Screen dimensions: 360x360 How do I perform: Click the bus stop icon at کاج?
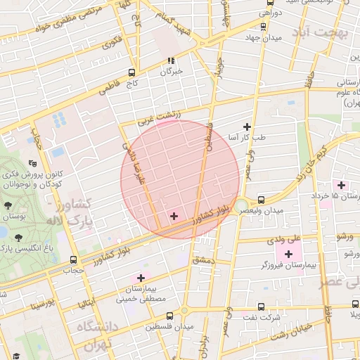click(131, 72)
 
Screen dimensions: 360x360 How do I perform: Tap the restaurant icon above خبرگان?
click(170, 60)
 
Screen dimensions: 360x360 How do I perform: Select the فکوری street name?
click(112, 43)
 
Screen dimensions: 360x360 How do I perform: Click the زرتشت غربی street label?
click(160, 116)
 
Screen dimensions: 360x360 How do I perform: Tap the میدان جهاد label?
click(264, 38)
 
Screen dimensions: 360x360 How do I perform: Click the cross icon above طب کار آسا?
click(246, 127)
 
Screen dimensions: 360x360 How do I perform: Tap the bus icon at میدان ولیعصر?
click(262, 200)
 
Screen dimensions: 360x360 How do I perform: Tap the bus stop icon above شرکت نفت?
click(262, 307)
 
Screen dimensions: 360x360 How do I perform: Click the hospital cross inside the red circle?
click(174, 216)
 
